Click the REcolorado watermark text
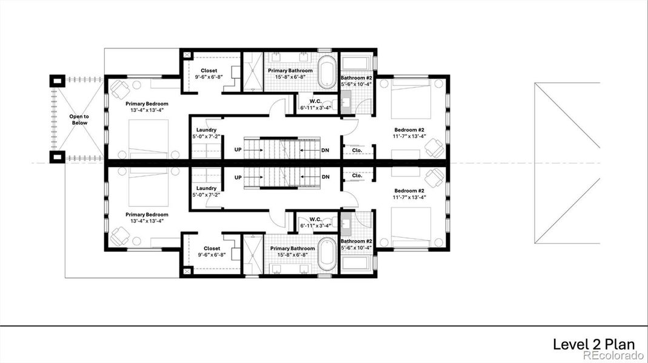(613, 356)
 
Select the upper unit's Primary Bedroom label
(147, 103)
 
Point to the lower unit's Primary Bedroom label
(147, 215)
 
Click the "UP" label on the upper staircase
(239, 149)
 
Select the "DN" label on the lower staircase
(326, 177)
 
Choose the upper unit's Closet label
(209, 71)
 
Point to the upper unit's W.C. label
(315, 101)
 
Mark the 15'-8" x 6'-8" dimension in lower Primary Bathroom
(292, 255)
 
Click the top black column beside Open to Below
(57, 80)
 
